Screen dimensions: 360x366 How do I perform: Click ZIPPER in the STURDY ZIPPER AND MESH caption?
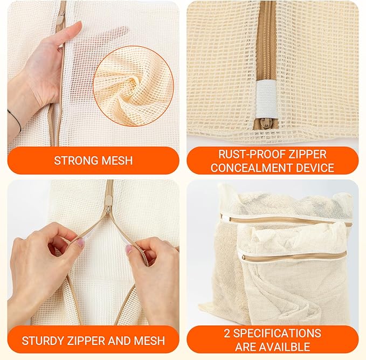tap(89, 340)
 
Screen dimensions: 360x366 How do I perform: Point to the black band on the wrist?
tap(15, 120)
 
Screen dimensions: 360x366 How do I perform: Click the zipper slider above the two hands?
tap(109, 206)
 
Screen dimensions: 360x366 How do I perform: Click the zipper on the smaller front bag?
tap(291, 257)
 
